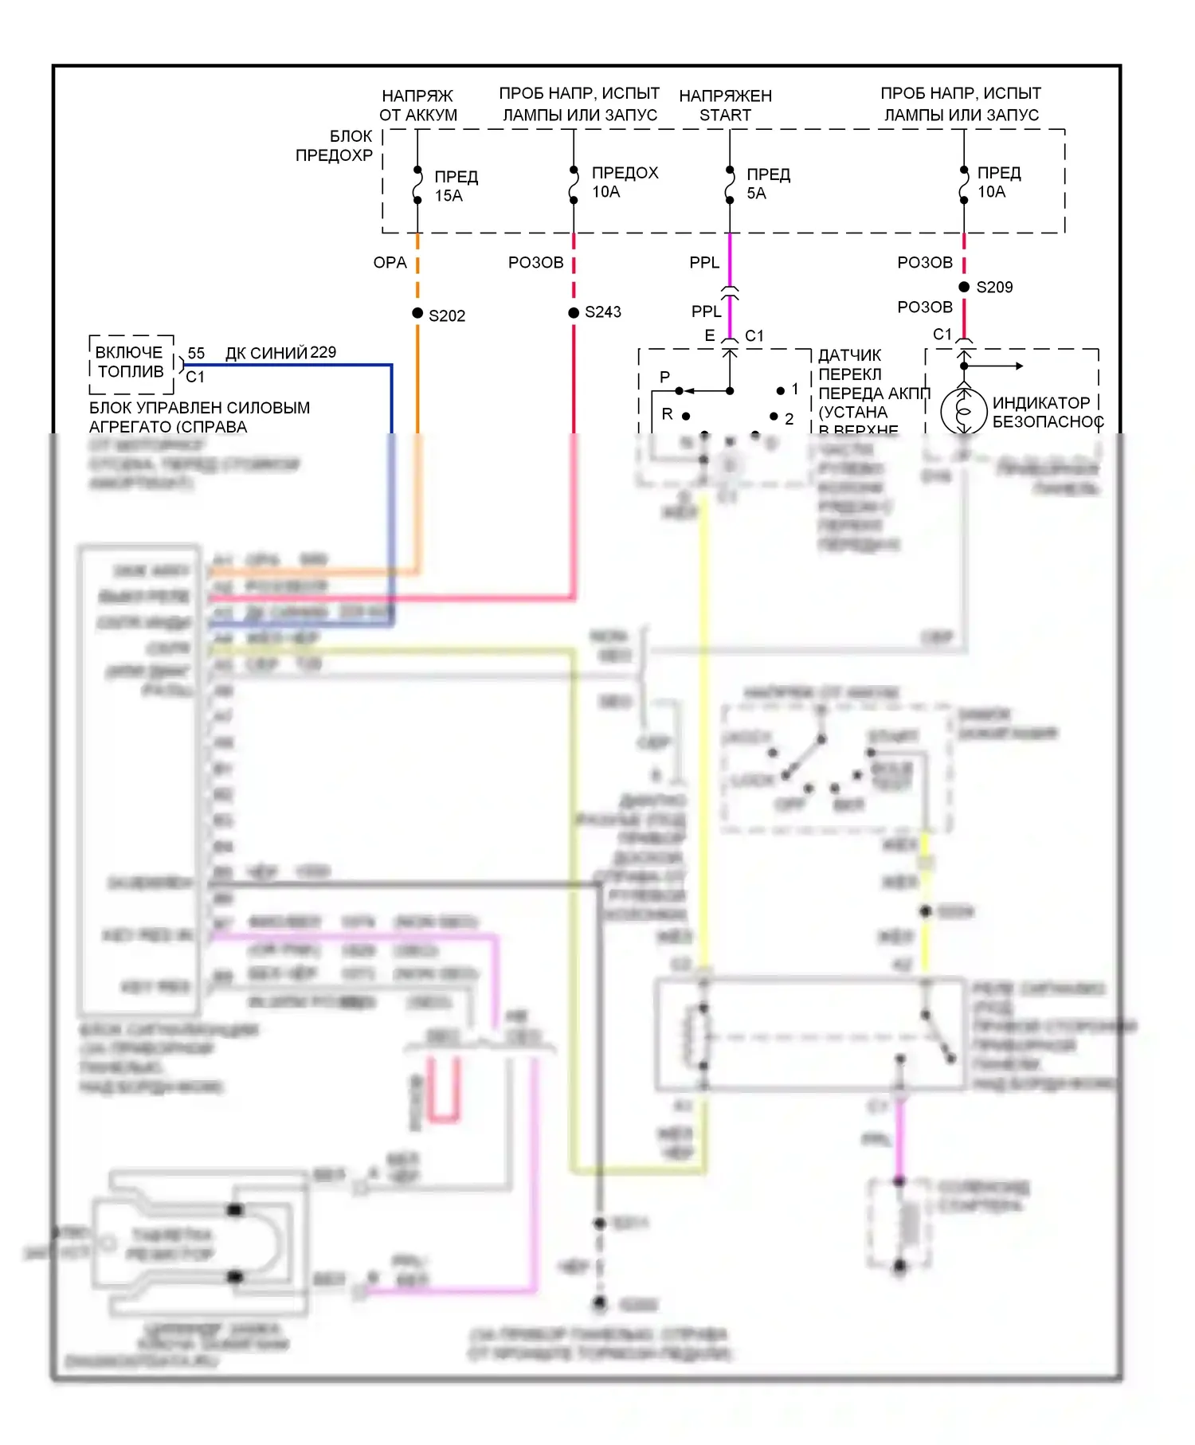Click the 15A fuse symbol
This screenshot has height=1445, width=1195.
point(417,185)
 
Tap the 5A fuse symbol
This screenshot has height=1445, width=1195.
point(730,185)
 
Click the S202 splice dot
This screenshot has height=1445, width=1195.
point(417,313)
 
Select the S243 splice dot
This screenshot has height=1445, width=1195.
point(574,312)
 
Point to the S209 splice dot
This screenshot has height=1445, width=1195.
point(964,287)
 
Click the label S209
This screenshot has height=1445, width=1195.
point(994,288)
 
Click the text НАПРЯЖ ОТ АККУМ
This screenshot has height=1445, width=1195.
point(418,106)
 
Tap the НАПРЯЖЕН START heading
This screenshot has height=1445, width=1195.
point(725,106)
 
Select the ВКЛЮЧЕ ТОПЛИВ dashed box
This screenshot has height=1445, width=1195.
point(131,363)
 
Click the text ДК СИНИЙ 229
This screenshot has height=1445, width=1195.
point(280,353)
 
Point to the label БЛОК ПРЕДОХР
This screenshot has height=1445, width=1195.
point(335,146)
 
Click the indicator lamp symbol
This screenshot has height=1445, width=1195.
point(964,411)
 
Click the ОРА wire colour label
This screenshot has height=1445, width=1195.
point(390,263)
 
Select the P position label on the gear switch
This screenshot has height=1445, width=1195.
point(664,377)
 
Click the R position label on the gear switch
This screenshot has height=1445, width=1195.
point(667,414)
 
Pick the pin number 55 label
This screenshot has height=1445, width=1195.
point(196,353)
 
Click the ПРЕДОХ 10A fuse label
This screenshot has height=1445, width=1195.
point(625,182)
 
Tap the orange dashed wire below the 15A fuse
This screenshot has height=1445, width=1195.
point(417,271)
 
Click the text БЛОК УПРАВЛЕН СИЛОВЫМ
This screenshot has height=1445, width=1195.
point(199,408)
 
